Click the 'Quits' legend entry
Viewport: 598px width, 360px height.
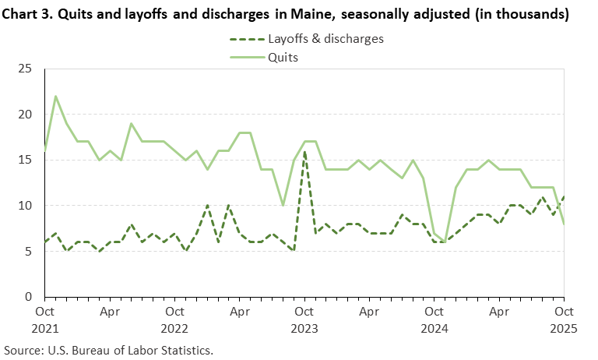click(283, 56)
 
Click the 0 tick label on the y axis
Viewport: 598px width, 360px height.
click(27, 297)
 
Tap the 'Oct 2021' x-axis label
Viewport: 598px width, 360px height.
click(45, 319)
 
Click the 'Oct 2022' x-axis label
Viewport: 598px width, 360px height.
click(175, 319)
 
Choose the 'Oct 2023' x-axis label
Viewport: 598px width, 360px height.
click(304, 319)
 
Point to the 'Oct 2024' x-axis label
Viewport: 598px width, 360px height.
click(434, 319)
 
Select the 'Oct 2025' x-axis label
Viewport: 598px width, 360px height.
click(563, 319)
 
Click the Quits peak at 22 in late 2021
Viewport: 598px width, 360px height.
click(55, 97)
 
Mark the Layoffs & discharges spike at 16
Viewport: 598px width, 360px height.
click(304, 151)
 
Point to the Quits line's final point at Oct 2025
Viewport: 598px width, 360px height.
click(563, 224)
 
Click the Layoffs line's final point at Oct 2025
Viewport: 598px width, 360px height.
click(563, 196)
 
